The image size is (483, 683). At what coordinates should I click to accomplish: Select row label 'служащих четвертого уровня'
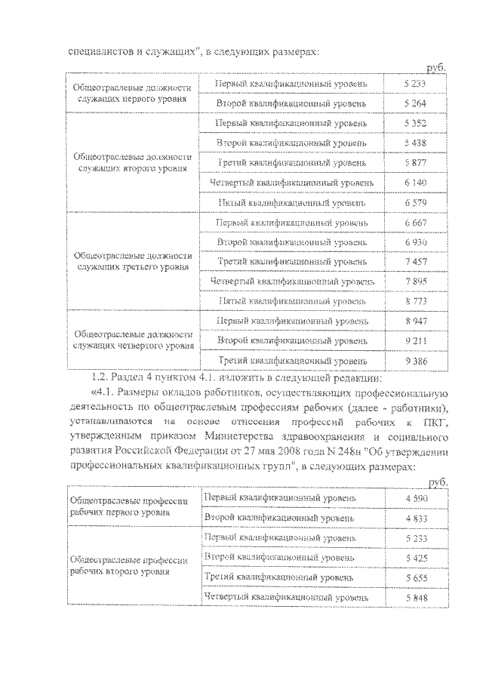[x=131, y=346]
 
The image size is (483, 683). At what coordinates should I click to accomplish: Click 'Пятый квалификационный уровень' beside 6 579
[x=292, y=202]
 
